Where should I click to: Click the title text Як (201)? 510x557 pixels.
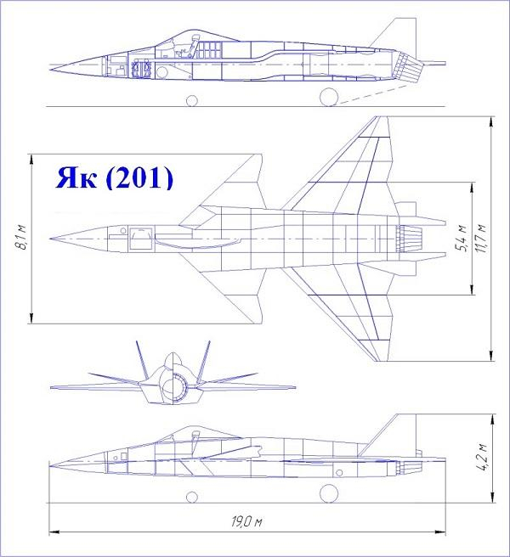[115, 177]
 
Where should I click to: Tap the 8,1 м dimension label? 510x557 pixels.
[23, 237]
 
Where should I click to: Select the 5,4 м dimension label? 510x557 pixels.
[462, 238]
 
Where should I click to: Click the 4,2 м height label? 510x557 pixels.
[484, 457]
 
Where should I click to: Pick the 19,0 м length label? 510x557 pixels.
[246, 522]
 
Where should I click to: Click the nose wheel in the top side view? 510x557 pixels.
[192, 100]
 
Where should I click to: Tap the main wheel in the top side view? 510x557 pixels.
[329, 97]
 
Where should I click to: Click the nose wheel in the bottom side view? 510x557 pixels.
[192, 497]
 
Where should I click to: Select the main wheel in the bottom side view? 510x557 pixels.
[329, 493]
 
